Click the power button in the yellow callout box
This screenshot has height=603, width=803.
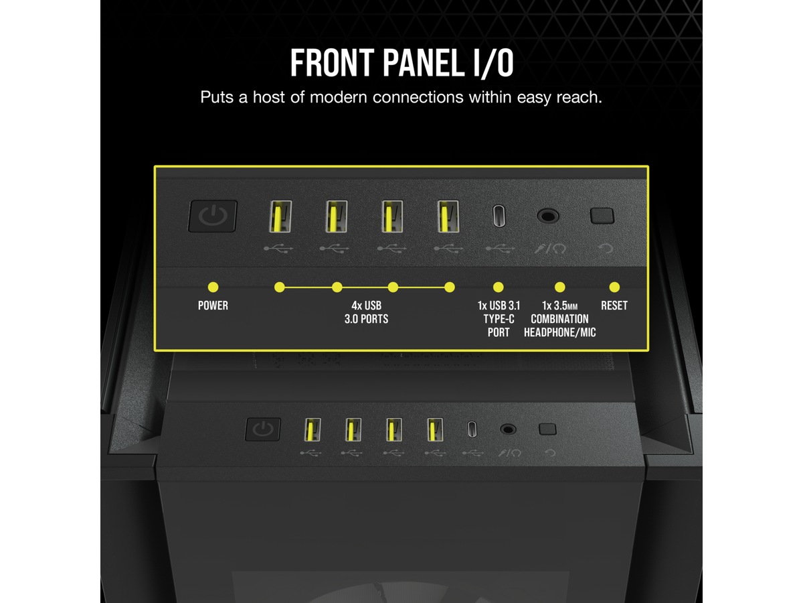pyautogui.click(x=213, y=216)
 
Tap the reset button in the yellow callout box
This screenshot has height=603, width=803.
pyautogui.click(x=602, y=216)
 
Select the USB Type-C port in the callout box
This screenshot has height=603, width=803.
pyautogui.click(x=499, y=216)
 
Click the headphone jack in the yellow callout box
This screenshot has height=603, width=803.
pyautogui.click(x=547, y=216)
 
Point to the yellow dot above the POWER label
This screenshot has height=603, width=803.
pyautogui.click(x=213, y=287)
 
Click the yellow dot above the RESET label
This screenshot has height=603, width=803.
pyautogui.click(x=614, y=287)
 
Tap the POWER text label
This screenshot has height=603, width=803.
pyautogui.click(x=213, y=306)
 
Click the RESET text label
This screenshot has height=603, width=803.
pyautogui.click(x=614, y=306)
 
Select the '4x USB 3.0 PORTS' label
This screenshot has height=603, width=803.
pyautogui.click(x=366, y=312)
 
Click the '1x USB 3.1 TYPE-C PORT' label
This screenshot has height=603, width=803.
pyautogui.click(x=499, y=319)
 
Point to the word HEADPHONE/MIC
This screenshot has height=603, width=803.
pyautogui.click(x=559, y=332)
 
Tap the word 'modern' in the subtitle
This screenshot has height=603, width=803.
pyautogui.click(x=338, y=97)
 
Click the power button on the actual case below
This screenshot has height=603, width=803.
pyautogui.click(x=263, y=429)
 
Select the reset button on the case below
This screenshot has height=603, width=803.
pyautogui.click(x=547, y=429)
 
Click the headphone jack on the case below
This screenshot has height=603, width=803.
pyautogui.click(x=508, y=429)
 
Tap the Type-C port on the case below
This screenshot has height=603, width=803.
pyautogui.click(x=472, y=429)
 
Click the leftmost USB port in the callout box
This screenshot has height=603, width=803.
pyautogui.click(x=280, y=216)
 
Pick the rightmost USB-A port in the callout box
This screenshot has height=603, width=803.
pyautogui.click(x=448, y=216)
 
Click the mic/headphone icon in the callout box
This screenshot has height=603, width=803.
pyautogui.click(x=550, y=249)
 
